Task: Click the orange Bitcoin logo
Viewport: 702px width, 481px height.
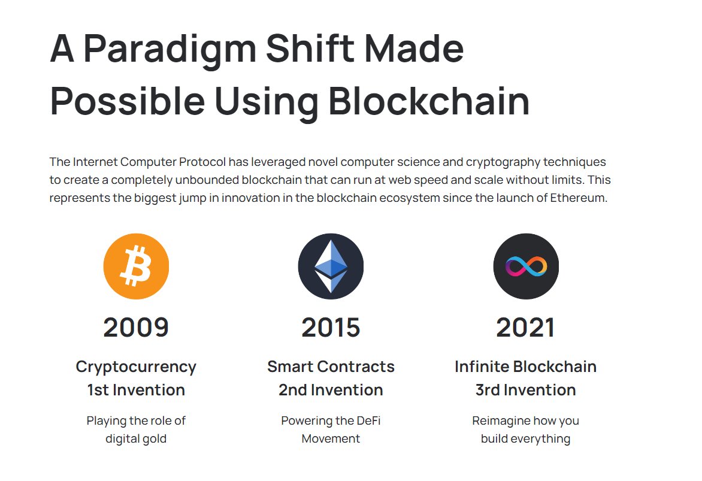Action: [x=136, y=266]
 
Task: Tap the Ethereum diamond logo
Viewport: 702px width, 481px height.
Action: [x=331, y=266]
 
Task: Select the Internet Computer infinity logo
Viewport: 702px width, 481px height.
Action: [x=525, y=266]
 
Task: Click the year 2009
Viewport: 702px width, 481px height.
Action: [x=136, y=328]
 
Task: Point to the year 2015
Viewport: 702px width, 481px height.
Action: [x=331, y=328]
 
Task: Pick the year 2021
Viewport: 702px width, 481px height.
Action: [x=525, y=328]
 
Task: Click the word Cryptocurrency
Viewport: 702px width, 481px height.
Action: [x=136, y=367]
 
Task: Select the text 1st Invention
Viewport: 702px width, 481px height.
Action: [x=136, y=390]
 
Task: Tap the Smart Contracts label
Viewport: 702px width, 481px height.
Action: [x=331, y=367]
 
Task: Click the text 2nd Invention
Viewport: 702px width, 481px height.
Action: [x=331, y=390]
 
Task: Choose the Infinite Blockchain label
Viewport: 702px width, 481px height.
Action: [x=525, y=367]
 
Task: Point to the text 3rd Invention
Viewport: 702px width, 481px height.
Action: [x=525, y=390]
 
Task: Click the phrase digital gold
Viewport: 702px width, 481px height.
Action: [x=136, y=438]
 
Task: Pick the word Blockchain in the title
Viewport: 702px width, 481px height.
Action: [x=429, y=101]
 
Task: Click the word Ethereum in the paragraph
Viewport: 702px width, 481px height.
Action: [x=578, y=198]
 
